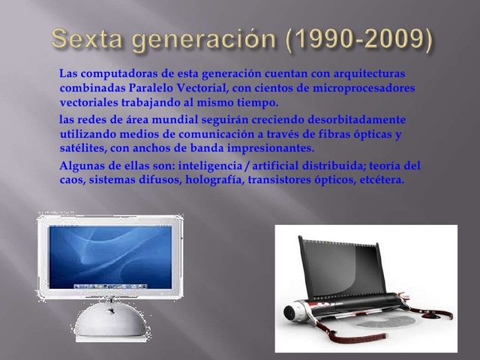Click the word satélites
[82, 148]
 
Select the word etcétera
[382, 180]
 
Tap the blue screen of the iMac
[109, 251]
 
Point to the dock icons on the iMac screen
[109, 286]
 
